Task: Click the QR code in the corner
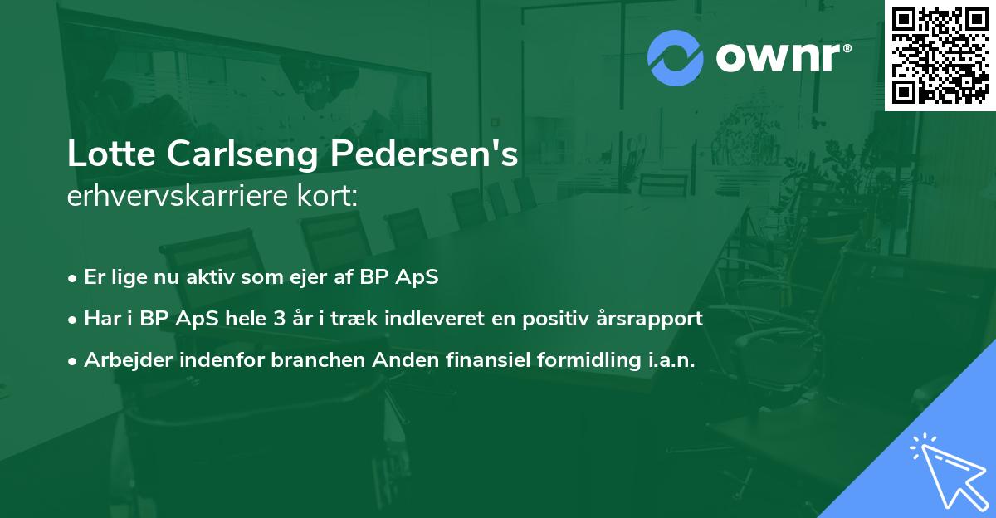point(940,55)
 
